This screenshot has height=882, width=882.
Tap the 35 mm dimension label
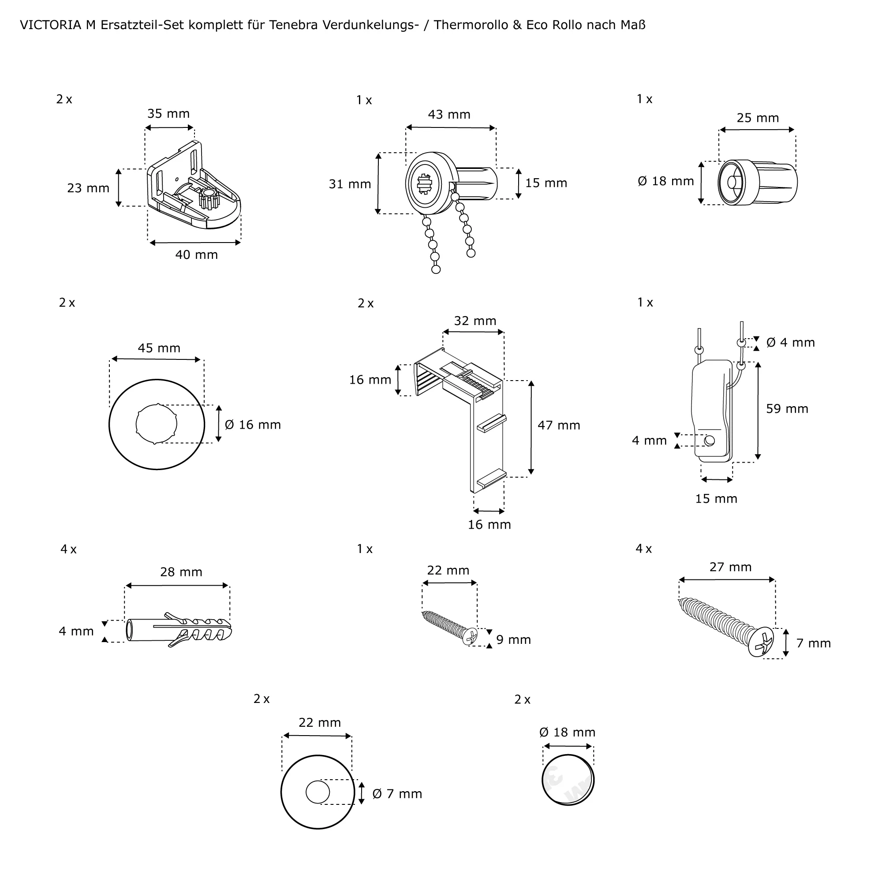[x=168, y=114]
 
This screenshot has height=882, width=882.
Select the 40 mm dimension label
[x=196, y=255]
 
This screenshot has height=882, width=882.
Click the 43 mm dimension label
[x=449, y=115]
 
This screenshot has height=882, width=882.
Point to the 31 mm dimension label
[x=350, y=184]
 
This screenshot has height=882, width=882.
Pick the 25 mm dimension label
[x=757, y=118]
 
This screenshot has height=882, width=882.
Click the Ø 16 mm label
[x=252, y=425]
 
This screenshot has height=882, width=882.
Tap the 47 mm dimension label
[x=559, y=426]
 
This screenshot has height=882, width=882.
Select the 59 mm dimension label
[x=787, y=409]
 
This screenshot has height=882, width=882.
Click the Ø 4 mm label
[x=790, y=342]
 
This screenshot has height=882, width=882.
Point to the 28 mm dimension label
[x=181, y=572]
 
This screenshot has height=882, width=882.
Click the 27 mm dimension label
[x=730, y=567]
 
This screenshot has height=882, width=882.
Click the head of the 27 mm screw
[x=761, y=642]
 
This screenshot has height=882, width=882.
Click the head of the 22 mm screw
[x=470, y=636]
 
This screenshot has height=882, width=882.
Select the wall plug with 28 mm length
[x=178, y=631]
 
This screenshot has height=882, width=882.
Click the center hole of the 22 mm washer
[x=318, y=792]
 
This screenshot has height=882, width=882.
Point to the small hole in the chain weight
[x=709, y=441]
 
